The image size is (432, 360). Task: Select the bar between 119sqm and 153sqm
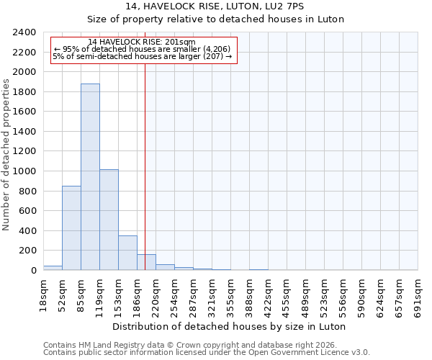109,220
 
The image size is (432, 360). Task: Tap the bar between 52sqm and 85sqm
71,228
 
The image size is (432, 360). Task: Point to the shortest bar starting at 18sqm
53,268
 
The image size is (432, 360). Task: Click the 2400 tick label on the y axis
24,33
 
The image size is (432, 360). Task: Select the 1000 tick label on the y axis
24,171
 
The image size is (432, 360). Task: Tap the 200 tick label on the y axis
27,251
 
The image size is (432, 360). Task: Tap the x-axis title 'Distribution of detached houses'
230,326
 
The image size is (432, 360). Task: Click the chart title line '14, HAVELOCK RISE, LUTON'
215,6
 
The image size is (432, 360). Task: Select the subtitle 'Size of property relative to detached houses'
215,19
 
